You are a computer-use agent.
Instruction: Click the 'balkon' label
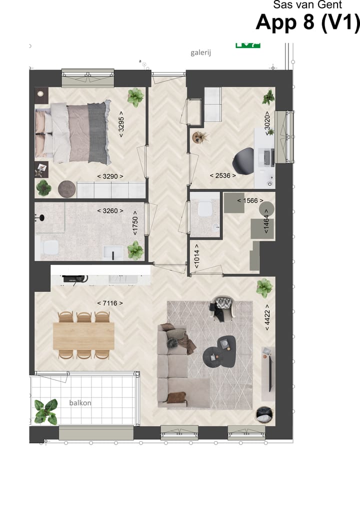pyautogui.click(x=80, y=402)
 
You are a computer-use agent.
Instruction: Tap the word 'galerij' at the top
pyautogui.click(x=201, y=52)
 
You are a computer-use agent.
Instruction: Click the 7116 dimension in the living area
pyautogui.click(x=109, y=303)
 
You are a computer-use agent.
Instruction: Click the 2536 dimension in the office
pyautogui.click(x=222, y=175)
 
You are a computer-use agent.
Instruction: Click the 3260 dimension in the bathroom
pyautogui.click(x=109, y=210)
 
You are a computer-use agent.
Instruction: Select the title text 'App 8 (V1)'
pyautogui.click(x=307, y=22)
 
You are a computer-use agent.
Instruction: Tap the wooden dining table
pyautogui.click(x=83, y=335)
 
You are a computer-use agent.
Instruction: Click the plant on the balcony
pyautogui.click(x=46, y=411)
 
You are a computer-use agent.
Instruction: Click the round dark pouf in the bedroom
pyautogui.click(x=67, y=188)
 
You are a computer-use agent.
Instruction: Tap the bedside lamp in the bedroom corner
pyautogui.click(x=40, y=94)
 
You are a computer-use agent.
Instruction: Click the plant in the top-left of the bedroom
pyautogui.click(x=135, y=97)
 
